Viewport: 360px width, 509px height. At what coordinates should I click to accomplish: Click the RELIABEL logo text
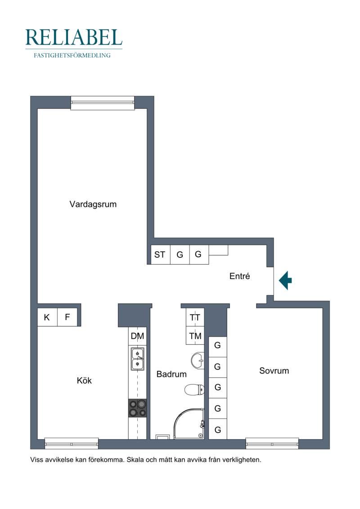click(x=74, y=37)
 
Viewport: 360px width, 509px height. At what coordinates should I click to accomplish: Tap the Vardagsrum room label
click(x=93, y=204)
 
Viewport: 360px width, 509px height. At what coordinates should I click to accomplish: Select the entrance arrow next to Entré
click(x=285, y=280)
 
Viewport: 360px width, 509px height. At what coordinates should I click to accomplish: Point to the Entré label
click(x=239, y=276)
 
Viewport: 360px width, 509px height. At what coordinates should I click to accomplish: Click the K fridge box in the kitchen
click(x=47, y=317)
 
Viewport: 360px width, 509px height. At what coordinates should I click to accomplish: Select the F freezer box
click(x=67, y=317)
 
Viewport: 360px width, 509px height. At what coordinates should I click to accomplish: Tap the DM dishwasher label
click(x=137, y=336)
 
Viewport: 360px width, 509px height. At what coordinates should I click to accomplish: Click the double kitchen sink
click(x=138, y=359)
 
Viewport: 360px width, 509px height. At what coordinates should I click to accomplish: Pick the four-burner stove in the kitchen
click(x=138, y=408)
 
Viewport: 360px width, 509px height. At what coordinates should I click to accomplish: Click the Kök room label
click(x=85, y=380)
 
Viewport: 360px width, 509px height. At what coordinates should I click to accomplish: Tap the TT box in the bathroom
click(x=195, y=317)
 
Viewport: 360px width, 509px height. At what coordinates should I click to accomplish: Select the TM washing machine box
click(x=195, y=336)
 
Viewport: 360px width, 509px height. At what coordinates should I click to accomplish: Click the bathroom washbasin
click(x=198, y=360)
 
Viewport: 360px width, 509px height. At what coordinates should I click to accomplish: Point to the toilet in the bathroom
click(x=194, y=389)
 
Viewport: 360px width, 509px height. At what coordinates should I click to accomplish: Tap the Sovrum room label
click(x=274, y=371)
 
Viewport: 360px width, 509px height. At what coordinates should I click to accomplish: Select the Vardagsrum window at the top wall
click(x=103, y=103)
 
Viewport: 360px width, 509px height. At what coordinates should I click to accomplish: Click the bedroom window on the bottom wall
click(x=272, y=443)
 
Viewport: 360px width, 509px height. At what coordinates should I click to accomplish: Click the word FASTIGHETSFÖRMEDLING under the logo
click(x=72, y=55)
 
